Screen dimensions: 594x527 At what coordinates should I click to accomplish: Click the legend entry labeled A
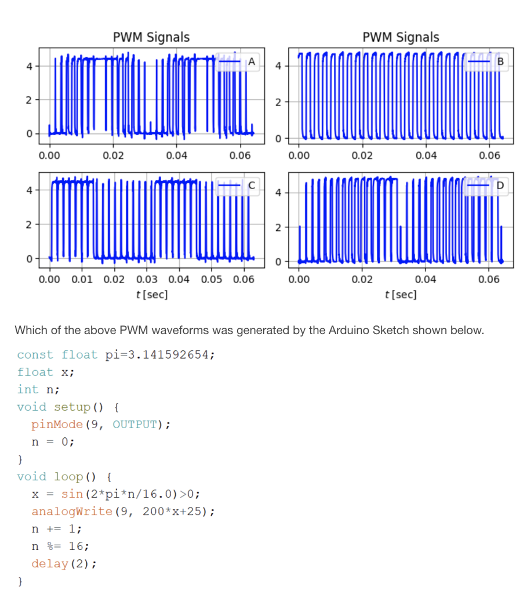[x=238, y=61]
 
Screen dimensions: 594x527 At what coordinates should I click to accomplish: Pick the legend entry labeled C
[x=238, y=186]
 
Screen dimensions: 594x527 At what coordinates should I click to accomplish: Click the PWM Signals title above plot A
[x=151, y=37]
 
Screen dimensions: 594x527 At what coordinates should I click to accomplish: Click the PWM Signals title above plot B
[x=401, y=37]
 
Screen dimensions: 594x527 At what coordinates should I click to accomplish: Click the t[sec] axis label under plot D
[x=401, y=294]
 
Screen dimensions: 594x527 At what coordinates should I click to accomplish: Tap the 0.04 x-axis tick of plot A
[x=176, y=155]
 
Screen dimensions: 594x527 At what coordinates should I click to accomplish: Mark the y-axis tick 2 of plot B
[x=278, y=103]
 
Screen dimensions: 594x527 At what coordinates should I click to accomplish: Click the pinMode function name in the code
[x=57, y=425]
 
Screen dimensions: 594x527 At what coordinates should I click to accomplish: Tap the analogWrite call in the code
[x=72, y=512]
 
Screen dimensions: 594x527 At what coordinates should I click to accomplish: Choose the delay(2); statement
[x=64, y=564]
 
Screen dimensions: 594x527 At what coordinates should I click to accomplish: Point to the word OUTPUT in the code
[x=135, y=425]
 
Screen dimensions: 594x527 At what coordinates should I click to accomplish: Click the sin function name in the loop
[x=72, y=494]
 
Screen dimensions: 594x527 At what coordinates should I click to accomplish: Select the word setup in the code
[x=72, y=407]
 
